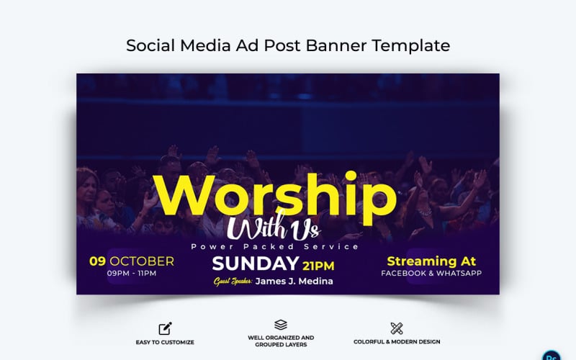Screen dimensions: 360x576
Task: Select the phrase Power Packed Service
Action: point(275,246)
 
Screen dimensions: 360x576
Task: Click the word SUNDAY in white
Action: point(256,264)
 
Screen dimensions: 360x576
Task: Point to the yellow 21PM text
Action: point(318,265)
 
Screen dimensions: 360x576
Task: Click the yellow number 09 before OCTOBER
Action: point(97,261)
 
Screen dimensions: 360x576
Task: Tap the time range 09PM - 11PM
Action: point(131,274)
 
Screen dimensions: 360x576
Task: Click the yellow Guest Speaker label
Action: point(233,281)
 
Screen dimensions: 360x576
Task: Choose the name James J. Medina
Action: point(295,281)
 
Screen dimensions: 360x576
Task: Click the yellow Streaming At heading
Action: point(431,261)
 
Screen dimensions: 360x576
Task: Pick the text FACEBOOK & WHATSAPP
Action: point(431,274)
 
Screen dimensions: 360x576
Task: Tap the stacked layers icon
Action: point(281,325)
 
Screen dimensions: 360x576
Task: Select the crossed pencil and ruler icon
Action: point(396,328)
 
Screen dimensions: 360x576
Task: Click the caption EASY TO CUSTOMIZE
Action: point(165,342)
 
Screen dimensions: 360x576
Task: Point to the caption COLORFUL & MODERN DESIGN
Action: point(397,342)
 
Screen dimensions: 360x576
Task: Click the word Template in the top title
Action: point(412,45)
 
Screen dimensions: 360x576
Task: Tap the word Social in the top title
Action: point(148,45)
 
